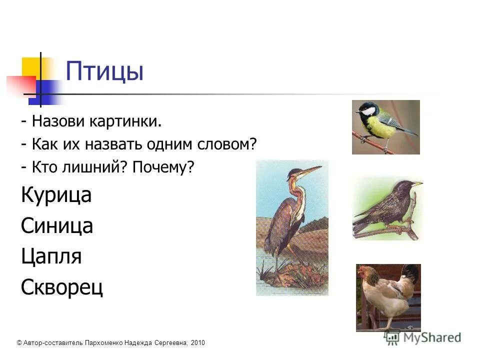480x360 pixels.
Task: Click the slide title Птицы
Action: (104, 71)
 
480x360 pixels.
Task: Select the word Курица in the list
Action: (56, 195)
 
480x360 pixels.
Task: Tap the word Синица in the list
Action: (57, 226)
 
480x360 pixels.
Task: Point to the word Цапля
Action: (51, 257)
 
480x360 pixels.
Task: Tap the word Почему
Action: (162, 167)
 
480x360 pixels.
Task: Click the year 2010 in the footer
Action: (197, 342)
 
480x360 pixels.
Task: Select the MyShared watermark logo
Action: (423, 337)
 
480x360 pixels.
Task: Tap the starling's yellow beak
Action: (416, 184)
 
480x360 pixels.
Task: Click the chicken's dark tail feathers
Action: (411, 274)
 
